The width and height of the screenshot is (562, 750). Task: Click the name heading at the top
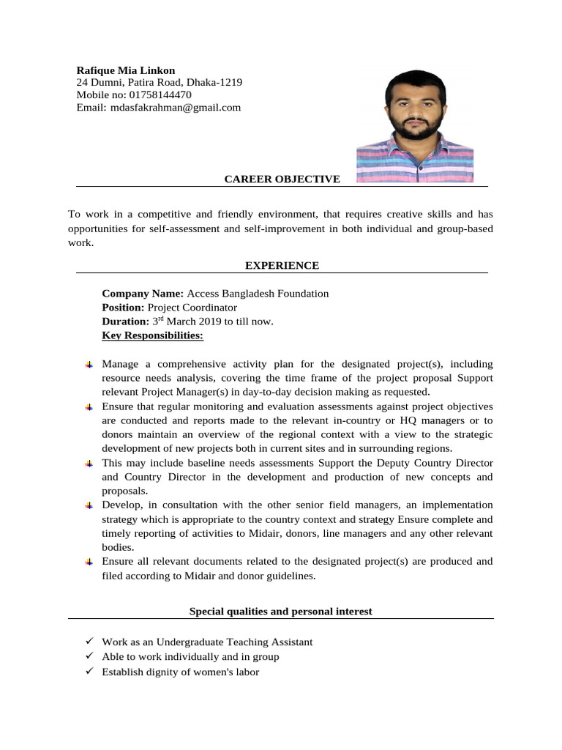tap(126, 70)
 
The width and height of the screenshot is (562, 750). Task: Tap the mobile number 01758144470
tap(160, 94)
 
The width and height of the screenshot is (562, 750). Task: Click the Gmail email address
tap(175, 108)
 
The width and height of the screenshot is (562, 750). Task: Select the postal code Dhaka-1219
tap(214, 83)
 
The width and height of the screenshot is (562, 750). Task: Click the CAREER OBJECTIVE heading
tap(282, 179)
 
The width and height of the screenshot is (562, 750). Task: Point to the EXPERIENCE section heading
tap(282, 265)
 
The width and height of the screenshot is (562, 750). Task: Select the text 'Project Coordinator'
tap(192, 307)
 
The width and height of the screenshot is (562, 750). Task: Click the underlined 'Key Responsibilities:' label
tap(153, 335)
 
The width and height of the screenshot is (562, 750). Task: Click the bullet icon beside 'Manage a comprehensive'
tap(88, 365)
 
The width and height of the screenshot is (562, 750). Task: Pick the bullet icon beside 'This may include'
tap(88, 464)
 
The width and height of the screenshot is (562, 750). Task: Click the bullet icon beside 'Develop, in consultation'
tap(88, 506)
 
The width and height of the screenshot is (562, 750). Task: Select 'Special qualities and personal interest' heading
tap(281, 611)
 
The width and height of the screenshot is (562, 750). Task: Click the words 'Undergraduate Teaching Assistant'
tap(233, 642)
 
